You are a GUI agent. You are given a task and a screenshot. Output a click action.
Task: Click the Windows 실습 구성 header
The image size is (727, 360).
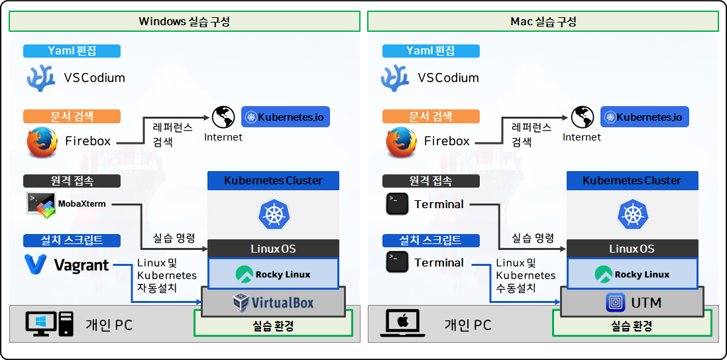(184, 21)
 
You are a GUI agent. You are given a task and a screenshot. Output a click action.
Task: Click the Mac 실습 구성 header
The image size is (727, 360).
(543, 21)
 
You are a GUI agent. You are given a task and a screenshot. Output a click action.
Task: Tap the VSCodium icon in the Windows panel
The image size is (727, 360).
(40, 78)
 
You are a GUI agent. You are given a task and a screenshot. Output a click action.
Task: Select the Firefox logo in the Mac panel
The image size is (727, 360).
(400, 141)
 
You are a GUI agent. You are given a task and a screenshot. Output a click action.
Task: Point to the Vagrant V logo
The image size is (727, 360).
(35, 265)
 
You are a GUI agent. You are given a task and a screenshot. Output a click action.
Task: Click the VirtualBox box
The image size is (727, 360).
(273, 303)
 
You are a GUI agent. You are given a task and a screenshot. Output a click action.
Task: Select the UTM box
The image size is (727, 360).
(632, 303)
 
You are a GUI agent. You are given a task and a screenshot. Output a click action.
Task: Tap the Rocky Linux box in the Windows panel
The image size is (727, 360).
(273, 274)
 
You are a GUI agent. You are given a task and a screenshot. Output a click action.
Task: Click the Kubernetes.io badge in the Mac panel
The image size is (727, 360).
(645, 117)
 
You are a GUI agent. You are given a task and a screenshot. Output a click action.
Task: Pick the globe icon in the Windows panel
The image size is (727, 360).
(223, 118)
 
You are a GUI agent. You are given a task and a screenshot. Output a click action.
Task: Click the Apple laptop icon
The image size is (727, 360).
(401, 324)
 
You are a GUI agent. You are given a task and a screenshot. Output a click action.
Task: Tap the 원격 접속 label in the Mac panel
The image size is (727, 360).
(430, 180)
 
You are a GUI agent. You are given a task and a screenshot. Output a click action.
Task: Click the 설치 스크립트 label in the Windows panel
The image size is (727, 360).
(72, 240)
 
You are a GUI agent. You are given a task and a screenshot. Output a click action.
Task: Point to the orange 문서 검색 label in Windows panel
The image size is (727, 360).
(72, 117)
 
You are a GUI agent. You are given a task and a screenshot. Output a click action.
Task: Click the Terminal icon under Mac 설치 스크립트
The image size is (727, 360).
(396, 263)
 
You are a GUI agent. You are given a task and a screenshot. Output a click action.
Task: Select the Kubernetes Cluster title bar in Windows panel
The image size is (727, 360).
(273, 180)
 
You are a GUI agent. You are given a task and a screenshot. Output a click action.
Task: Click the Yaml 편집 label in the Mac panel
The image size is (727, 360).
(430, 51)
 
